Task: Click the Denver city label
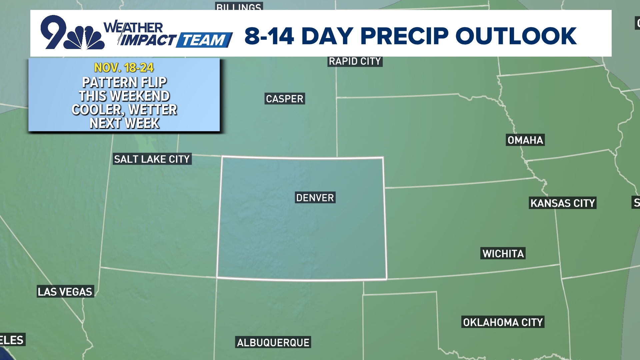point(315,198)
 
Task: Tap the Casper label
point(285,99)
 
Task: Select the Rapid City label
point(355,61)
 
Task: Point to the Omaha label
point(525,140)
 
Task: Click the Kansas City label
point(563,203)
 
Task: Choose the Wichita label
point(503,253)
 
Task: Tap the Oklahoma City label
point(503,322)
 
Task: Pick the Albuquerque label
point(273,342)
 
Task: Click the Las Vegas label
point(65,292)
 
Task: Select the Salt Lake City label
point(152,159)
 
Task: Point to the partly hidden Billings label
point(239,6)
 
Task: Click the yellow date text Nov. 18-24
point(124,68)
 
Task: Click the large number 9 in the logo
point(53,32)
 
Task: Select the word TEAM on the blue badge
point(204,40)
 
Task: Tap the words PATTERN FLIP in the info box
point(124,82)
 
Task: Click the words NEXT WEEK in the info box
point(124,123)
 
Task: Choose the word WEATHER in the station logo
point(134,28)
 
